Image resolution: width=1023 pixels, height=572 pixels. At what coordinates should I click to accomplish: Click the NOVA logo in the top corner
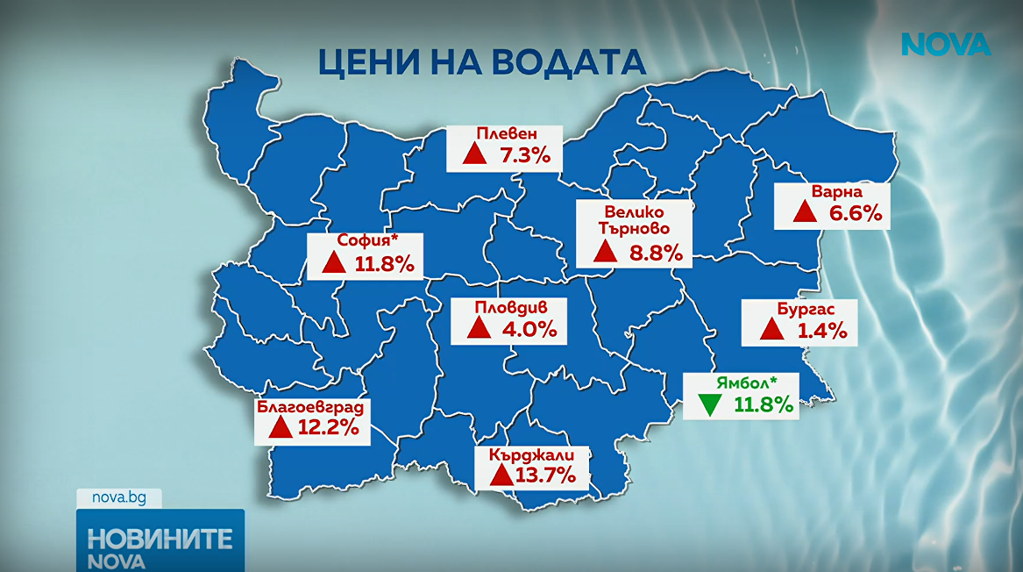946,45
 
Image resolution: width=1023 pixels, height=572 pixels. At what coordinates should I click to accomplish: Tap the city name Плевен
506,134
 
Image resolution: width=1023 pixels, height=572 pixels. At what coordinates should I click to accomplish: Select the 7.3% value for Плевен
524,156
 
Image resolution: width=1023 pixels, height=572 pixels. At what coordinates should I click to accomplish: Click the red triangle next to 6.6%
804,211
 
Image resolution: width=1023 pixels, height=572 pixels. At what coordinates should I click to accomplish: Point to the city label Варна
837,192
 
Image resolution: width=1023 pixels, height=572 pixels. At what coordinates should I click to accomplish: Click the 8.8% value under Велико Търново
656,254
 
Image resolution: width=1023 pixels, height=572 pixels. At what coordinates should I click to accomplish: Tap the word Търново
634,228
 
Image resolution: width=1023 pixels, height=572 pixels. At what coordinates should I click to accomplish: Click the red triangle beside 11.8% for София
333,262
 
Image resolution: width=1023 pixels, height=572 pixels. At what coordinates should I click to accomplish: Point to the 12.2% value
329,428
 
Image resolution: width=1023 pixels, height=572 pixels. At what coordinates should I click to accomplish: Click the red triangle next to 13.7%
501,475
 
